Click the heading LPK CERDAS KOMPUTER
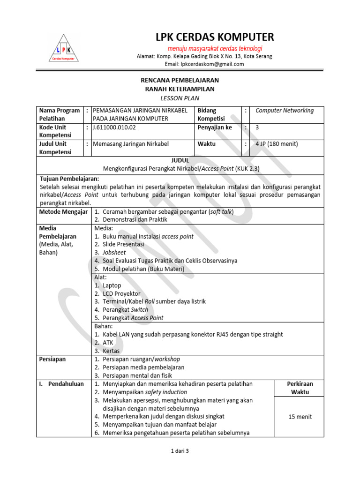coord(215,37)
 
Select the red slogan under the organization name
coord(215,49)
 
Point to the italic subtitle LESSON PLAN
coord(180,98)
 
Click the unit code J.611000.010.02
coord(115,127)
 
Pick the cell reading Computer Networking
coord(285,111)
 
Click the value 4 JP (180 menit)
coord(277,144)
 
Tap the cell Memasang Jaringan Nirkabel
coord(131,144)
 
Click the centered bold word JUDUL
coord(180,160)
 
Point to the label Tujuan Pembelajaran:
coord(69,179)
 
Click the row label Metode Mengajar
coord(64,211)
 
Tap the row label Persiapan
coord(52,359)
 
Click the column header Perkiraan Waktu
coord(300,388)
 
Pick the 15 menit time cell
coord(300,417)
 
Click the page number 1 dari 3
coord(180,451)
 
